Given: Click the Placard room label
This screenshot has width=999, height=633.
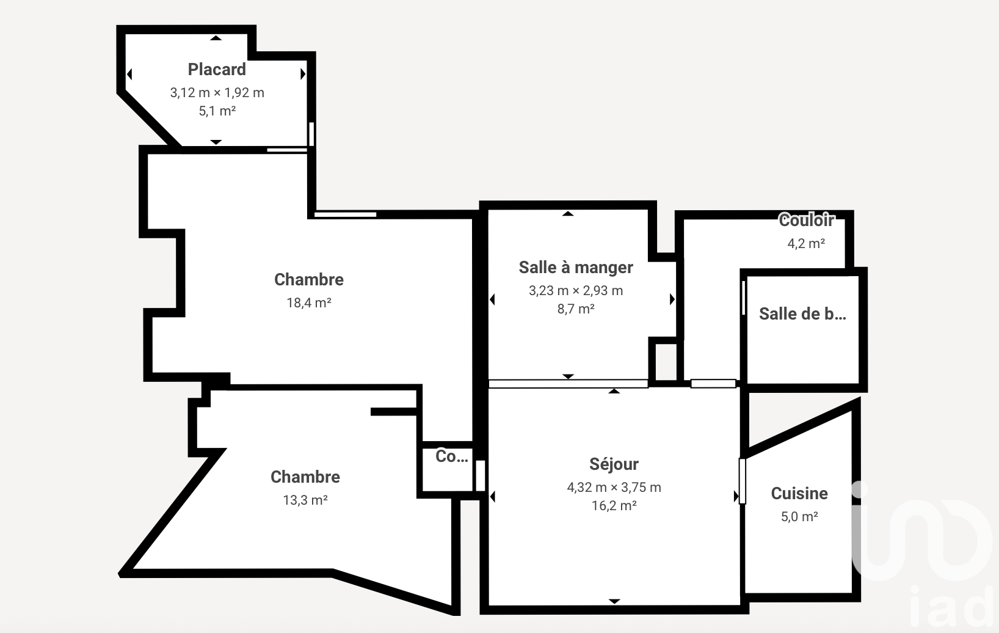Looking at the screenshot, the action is tap(217, 70).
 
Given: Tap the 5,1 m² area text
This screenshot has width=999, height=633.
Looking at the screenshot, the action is tap(217, 111).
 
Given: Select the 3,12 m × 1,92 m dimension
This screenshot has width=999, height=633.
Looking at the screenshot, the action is tap(217, 92).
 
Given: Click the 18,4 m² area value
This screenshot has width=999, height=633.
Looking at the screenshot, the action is tap(308, 302).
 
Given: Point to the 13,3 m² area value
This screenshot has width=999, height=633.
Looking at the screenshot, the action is tap(305, 500).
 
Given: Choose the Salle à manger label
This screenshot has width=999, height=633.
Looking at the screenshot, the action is tap(576, 268).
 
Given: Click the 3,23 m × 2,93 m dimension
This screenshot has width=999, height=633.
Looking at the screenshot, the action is tap(576, 291).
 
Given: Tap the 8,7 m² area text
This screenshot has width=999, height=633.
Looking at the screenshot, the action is tap(576, 309).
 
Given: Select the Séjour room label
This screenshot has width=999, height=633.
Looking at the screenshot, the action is tap(614, 464).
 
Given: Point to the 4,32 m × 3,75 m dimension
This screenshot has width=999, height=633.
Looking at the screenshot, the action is tap(614, 487).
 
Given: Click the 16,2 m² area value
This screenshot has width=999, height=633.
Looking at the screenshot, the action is tap(614, 505).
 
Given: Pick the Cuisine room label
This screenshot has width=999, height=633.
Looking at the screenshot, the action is tap(799, 493).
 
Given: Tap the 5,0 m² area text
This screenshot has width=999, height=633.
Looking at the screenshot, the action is tap(799, 516).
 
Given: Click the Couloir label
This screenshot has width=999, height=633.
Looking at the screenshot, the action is tap(806, 220).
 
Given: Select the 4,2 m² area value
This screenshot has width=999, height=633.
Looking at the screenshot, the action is tap(806, 243).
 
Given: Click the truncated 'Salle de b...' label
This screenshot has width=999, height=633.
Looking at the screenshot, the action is tap(802, 314).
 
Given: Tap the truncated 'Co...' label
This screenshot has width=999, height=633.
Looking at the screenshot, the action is tap(452, 456).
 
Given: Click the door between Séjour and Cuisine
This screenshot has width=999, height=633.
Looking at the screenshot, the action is tap(742, 481).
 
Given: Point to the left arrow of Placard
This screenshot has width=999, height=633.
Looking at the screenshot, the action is tap(129, 74).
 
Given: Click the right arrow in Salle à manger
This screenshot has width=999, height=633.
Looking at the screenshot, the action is tap(672, 299).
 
